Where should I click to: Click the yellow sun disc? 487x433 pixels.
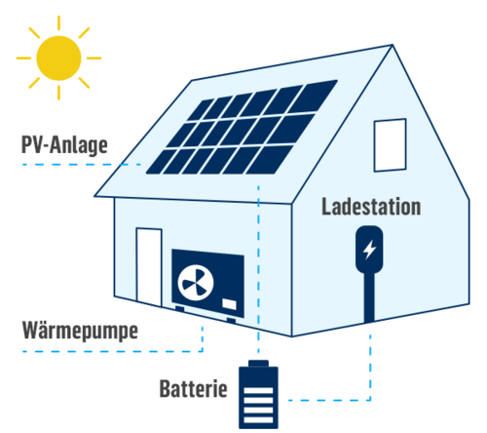(58, 59)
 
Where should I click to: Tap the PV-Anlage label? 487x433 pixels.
(64, 145)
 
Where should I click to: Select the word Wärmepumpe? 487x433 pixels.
(80, 331)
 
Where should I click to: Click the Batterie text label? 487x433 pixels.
(193, 388)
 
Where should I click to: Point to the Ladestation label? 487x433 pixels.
(371, 207)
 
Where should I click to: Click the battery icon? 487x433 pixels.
(258, 394)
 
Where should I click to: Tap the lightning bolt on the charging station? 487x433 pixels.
(369, 250)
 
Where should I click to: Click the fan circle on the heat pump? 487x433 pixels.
(196, 283)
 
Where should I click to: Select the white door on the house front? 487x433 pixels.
(149, 266)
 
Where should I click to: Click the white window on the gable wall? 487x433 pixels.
(390, 145)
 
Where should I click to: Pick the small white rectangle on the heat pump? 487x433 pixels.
(229, 304)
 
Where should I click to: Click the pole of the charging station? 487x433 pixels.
(369, 296)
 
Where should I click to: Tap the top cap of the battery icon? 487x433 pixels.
(258, 363)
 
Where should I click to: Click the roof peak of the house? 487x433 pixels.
(393, 45)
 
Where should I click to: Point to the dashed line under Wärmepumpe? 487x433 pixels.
(113, 351)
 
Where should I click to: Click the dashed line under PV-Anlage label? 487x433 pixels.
(82, 165)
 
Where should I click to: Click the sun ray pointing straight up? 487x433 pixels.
(58, 22)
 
